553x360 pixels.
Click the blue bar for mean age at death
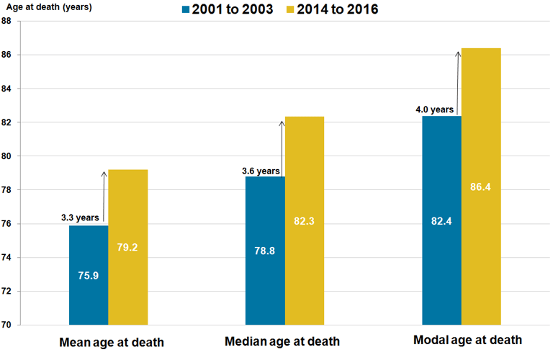coord(89,275)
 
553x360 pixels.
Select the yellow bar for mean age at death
coord(127,247)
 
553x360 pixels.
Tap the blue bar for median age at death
coord(265,251)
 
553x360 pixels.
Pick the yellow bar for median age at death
coord(304,220)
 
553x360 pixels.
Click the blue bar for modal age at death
coord(441,220)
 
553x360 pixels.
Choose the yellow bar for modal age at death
coord(480,186)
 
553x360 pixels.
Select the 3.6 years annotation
coord(261,171)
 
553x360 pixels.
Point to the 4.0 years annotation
coord(435,110)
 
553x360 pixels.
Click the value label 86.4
coord(480,187)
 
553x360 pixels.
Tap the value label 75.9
coord(89,276)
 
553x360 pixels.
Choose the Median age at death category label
coord(282,341)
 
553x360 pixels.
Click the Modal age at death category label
coord(468,340)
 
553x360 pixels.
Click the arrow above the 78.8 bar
coord(282,148)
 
